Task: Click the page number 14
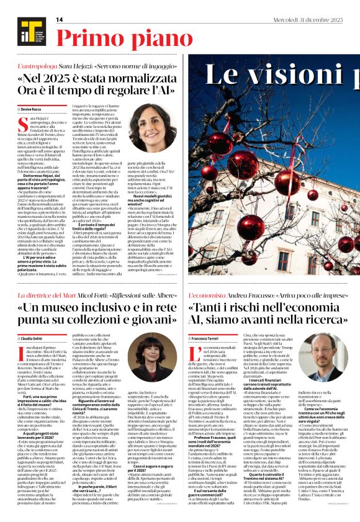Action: [60, 20]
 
